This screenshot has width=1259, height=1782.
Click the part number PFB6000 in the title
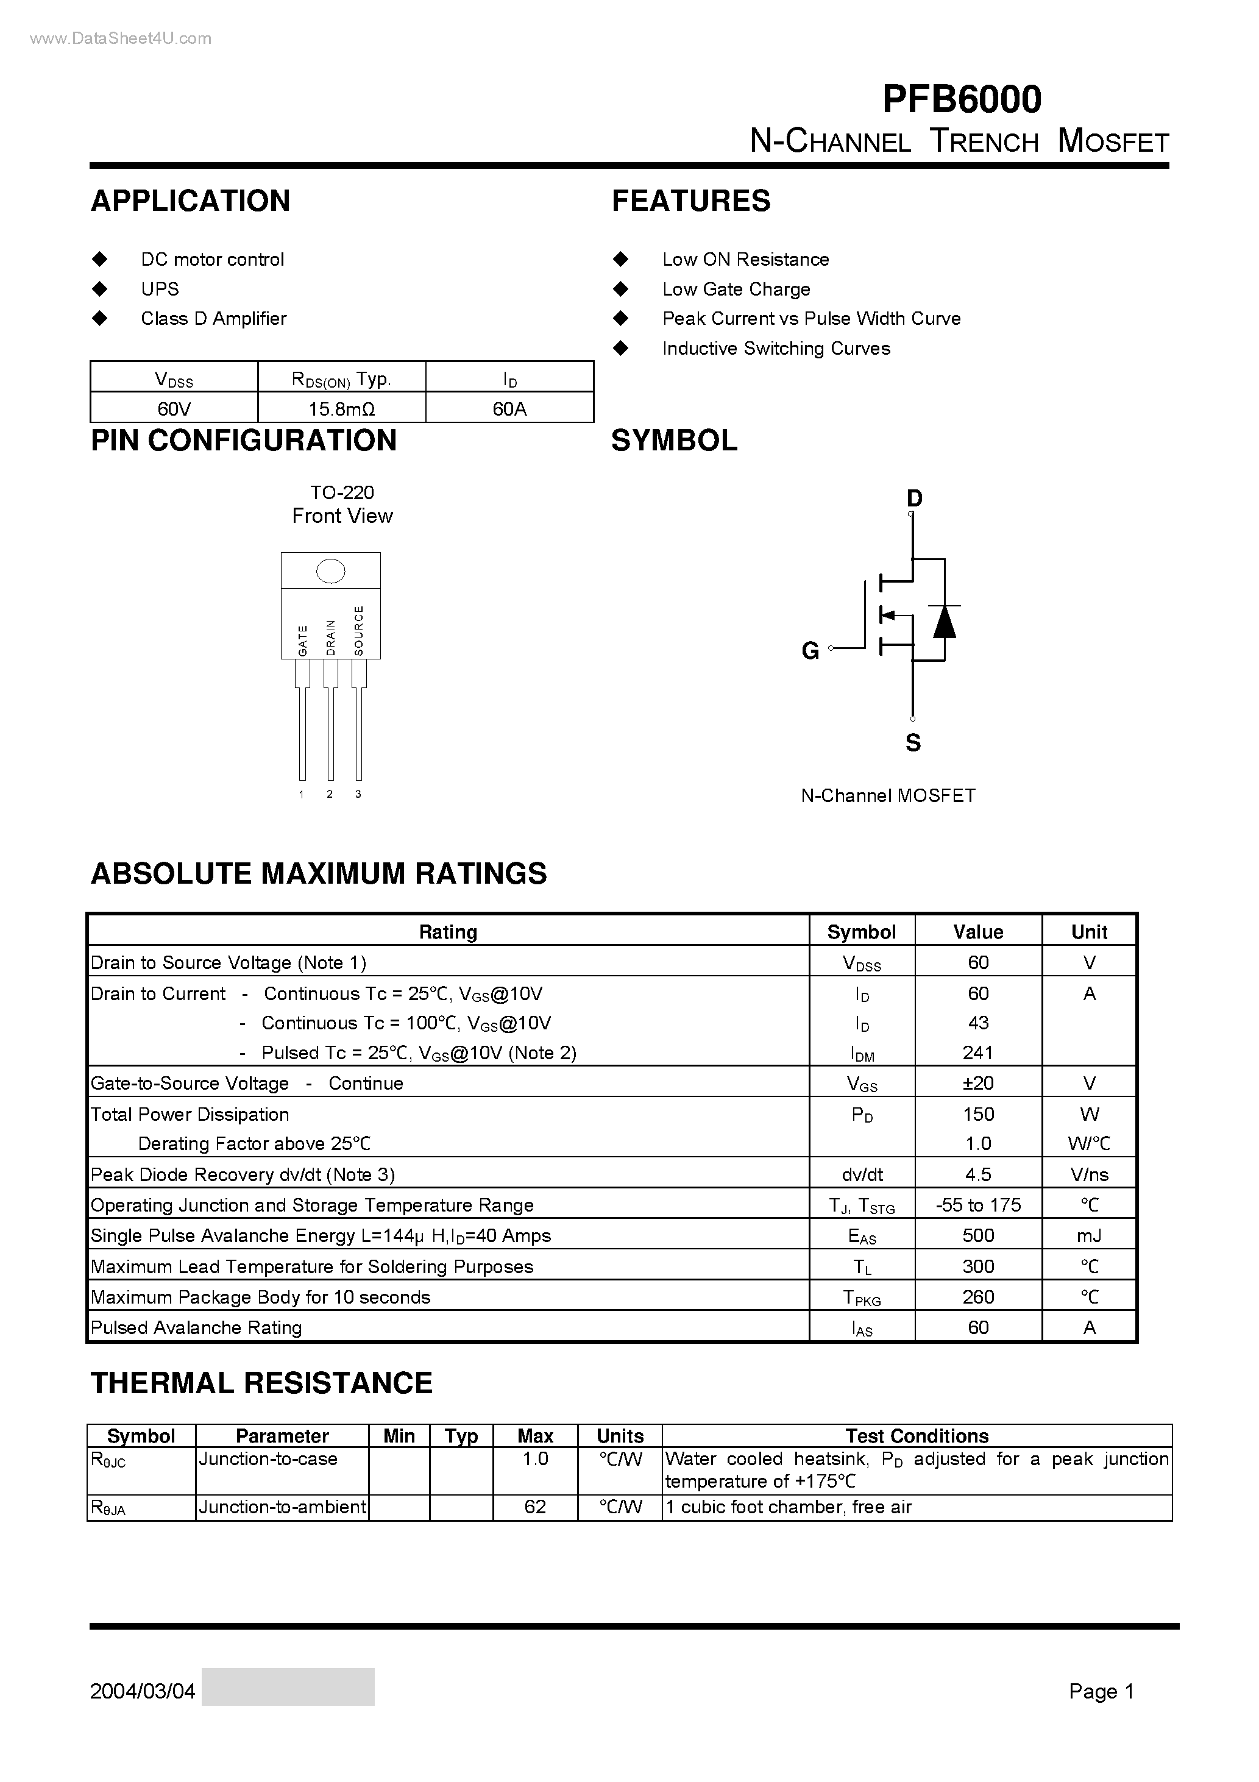(962, 99)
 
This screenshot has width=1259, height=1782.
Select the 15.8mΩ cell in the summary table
(341, 408)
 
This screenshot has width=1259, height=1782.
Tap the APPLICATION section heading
(190, 201)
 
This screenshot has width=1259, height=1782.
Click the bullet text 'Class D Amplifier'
(213, 318)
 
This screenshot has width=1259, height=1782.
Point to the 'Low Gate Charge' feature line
(736, 289)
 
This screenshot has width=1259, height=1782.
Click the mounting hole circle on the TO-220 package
(331, 571)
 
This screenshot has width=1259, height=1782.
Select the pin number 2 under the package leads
(330, 794)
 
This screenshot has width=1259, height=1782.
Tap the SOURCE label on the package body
(358, 630)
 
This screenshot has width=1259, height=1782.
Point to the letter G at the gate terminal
(810, 650)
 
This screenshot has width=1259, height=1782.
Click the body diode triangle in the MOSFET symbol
(944, 622)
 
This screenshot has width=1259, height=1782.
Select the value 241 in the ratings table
(978, 1053)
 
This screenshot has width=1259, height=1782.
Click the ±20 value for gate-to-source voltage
(978, 1083)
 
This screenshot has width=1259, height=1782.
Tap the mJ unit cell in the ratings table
(1089, 1235)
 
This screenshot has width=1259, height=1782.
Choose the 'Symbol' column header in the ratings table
(862, 931)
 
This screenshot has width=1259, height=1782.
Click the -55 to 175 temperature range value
(978, 1205)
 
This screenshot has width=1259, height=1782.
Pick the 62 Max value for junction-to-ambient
(535, 1507)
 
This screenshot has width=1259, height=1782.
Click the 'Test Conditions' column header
(917, 1436)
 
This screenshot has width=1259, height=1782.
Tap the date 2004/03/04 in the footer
(143, 1691)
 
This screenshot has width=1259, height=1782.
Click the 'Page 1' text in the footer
(1101, 1691)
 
